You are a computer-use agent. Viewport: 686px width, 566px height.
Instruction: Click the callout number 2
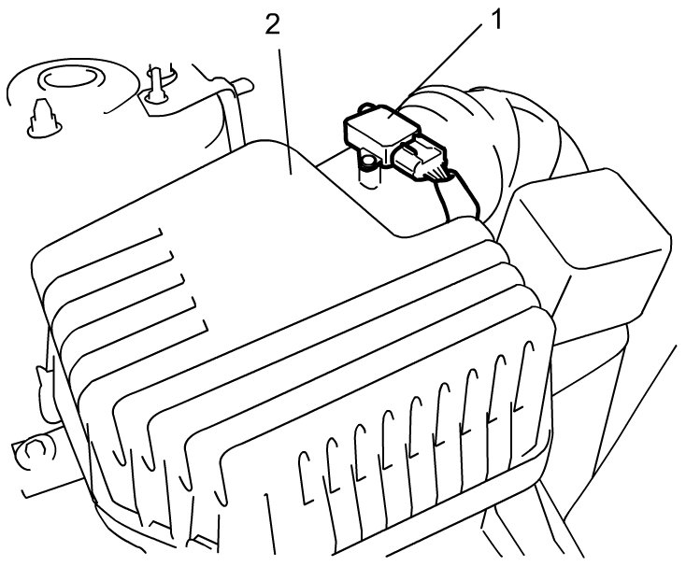[x=272, y=25]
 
